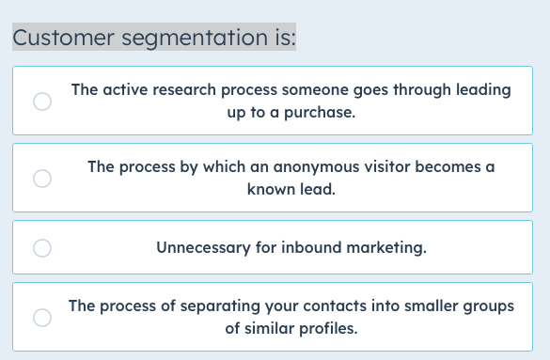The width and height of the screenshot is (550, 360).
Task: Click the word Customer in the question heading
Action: [x=59, y=38]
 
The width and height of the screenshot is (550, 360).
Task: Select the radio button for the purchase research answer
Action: [x=42, y=102]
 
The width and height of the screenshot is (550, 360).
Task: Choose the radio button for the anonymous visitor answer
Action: [x=42, y=178]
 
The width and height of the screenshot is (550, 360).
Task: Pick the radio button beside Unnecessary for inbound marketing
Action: [x=42, y=248]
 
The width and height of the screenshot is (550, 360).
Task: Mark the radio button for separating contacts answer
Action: [x=42, y=318]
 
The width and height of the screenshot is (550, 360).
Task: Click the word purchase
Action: [x=322, y=113]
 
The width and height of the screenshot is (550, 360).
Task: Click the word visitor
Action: [x=380, y=166]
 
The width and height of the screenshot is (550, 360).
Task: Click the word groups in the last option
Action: [x=490, y=306]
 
